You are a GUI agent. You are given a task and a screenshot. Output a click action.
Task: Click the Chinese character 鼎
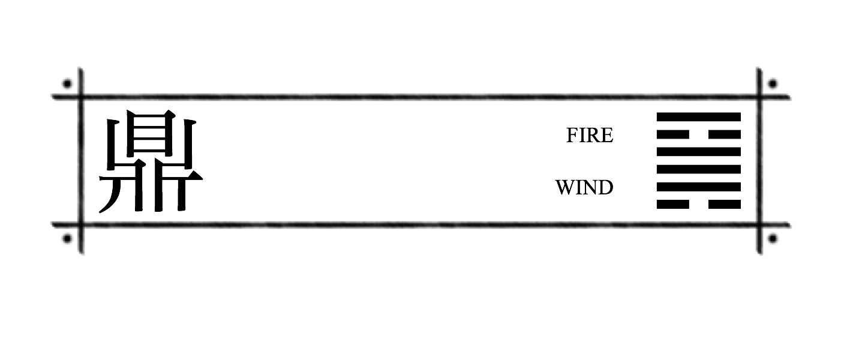point(151,161)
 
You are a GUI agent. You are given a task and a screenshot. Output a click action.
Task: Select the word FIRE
point(590,135)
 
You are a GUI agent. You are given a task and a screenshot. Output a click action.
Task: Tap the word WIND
point(584,188)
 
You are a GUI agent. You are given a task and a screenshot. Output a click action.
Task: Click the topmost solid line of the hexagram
point(698,117)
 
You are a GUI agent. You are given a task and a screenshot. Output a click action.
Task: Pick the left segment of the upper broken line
point(672,134)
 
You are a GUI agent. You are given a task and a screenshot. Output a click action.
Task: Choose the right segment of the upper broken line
point(725,134)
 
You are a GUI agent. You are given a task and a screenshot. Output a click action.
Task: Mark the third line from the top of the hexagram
point(698,152)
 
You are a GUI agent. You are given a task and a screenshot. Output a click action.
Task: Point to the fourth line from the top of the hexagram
point(698,169)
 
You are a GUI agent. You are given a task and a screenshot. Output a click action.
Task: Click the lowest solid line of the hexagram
point(698,187)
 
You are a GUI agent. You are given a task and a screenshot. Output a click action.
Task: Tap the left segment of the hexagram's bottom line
point(672,204)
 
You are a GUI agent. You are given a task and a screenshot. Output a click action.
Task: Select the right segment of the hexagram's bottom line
point(725,204)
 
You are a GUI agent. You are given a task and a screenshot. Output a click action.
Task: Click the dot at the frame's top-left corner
point(67,83)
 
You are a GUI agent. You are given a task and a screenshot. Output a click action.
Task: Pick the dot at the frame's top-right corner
point(773,83)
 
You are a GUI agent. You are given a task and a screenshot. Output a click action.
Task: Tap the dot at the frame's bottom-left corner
point(67,239)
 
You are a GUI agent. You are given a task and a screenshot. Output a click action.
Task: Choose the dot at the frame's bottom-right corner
point(773,239)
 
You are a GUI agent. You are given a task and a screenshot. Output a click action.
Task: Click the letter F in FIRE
point(572,135)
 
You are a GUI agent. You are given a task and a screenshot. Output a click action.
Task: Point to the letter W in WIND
point(565,188)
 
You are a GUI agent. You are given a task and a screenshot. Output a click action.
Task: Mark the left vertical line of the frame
point(81,161)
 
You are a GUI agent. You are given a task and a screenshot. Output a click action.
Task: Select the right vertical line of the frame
point(759,161)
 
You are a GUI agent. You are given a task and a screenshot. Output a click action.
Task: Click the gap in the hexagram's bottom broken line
point(699,204)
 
